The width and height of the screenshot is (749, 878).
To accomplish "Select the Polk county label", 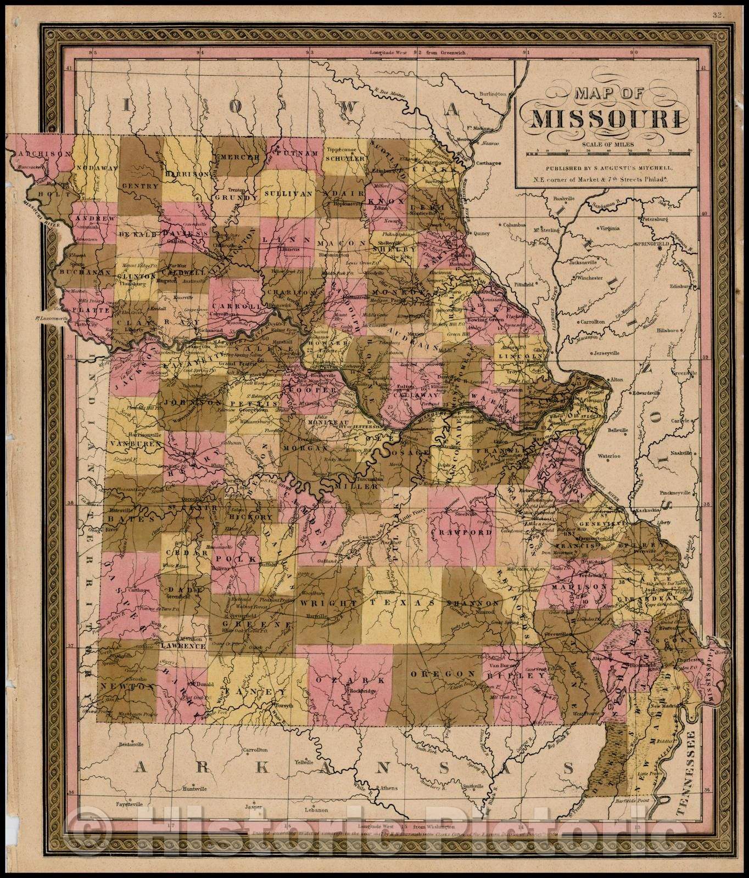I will tap(246, 558).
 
